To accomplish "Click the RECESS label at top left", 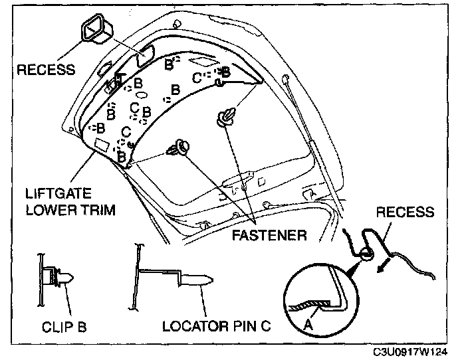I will [47, 69].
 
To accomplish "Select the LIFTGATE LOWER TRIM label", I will [70, 202].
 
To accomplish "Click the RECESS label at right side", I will [404, 213].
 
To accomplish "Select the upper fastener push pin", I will [228, 117].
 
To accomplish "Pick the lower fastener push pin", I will [180, 148].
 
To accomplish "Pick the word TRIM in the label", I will [100, 210].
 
